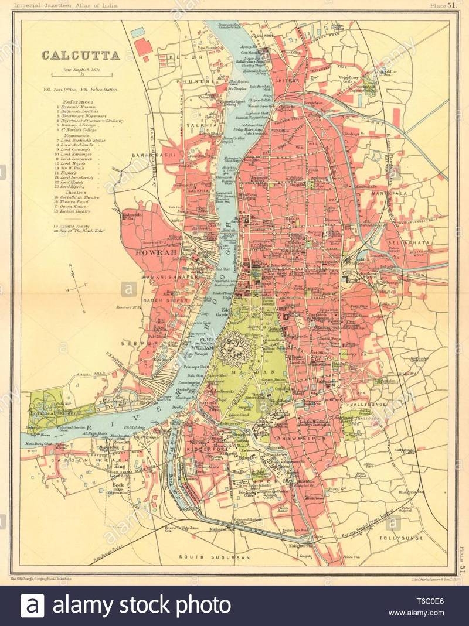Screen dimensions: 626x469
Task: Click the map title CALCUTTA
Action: (x=80, y=56)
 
